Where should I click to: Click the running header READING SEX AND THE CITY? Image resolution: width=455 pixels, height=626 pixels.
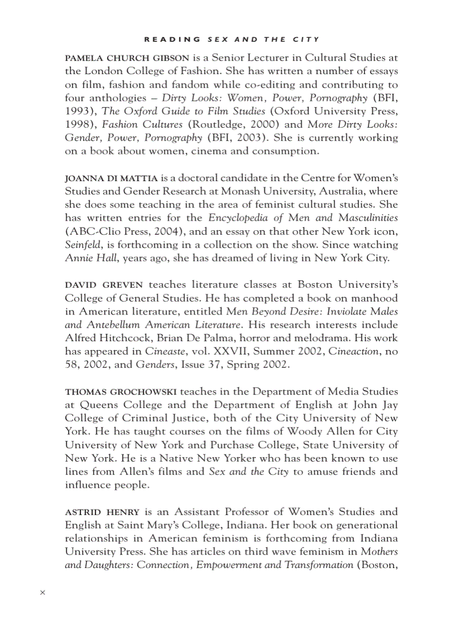(232, 40)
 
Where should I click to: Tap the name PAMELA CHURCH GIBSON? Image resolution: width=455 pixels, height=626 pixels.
(127, 58)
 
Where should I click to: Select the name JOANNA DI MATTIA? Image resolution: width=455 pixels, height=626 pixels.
(112, 178)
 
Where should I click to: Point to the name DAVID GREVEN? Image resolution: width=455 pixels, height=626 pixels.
(104, 285)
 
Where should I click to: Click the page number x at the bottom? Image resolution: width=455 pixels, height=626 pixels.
(42, 593)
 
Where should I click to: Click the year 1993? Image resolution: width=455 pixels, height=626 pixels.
(80, 111)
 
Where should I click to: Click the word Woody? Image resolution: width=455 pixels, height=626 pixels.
(304, 431)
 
